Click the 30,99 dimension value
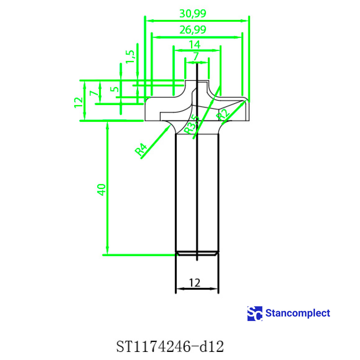(193, 13)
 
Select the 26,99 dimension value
(193, 30)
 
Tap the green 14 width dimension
(194, 45)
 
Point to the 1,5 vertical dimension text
(130, 56)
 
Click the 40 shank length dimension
(102, 190)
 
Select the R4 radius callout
(141, 150)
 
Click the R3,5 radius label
(191, 125)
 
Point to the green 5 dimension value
(115, 89)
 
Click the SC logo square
(255, 313)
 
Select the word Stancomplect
(298, 313)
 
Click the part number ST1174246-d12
(170, 346)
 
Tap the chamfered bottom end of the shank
(197, 254)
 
